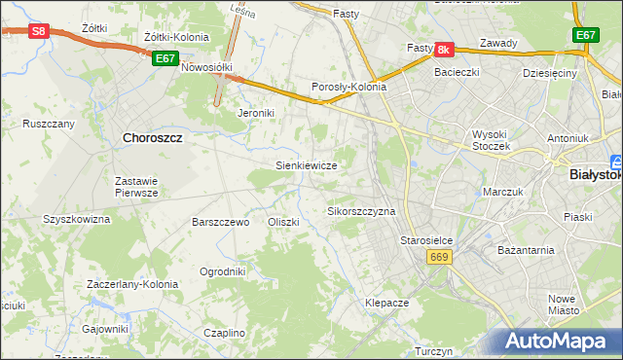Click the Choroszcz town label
pos(153,138)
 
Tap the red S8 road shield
pos(37,31)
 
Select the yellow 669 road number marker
pos(438,256)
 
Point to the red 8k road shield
pos(444,49)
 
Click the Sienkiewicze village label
pos(306,165)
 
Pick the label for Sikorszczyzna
pos(360,210)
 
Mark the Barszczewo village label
pos(221,222)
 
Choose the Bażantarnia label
pos(526,249)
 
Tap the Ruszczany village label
pos(49,124)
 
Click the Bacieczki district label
pos(458,72)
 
